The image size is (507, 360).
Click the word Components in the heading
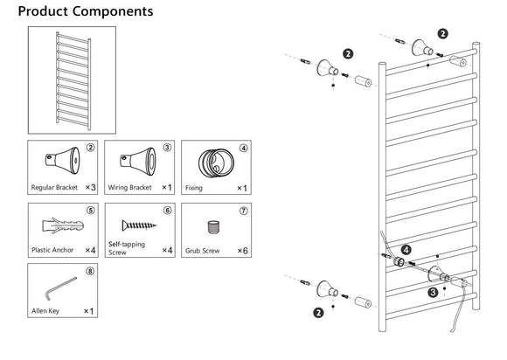(x=113, y=11)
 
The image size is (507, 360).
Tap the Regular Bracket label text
(x=54, y=188)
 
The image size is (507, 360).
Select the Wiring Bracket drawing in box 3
(x=138, y=162)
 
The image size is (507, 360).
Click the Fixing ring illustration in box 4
(x=216, y=163)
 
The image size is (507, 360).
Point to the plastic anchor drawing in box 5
(x=63, y=225)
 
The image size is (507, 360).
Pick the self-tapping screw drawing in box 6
(x=139, y=225)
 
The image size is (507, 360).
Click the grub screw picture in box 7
(x=213, y=227)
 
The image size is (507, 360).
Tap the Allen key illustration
(x=60, y=288)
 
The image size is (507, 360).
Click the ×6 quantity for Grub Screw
(x=242, y=251)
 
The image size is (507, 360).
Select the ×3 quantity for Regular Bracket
(x=91, y=188)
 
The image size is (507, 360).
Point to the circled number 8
(x=91, y=271)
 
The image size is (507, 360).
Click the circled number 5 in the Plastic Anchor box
(x=91, y=211)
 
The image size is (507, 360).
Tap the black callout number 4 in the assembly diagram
(x=406, y=250)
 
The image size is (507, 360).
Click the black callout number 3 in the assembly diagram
(x=433, y=293)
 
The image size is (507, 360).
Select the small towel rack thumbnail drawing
(x=73, y=80)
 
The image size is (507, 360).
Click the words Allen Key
(x=45, y=311)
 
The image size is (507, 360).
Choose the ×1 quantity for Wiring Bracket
(x=167, y=188)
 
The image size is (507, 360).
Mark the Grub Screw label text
(x=203, y=251)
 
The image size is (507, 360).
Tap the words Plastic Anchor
(x=52, y=250)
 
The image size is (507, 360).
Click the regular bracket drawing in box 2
(x=62, y=161)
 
